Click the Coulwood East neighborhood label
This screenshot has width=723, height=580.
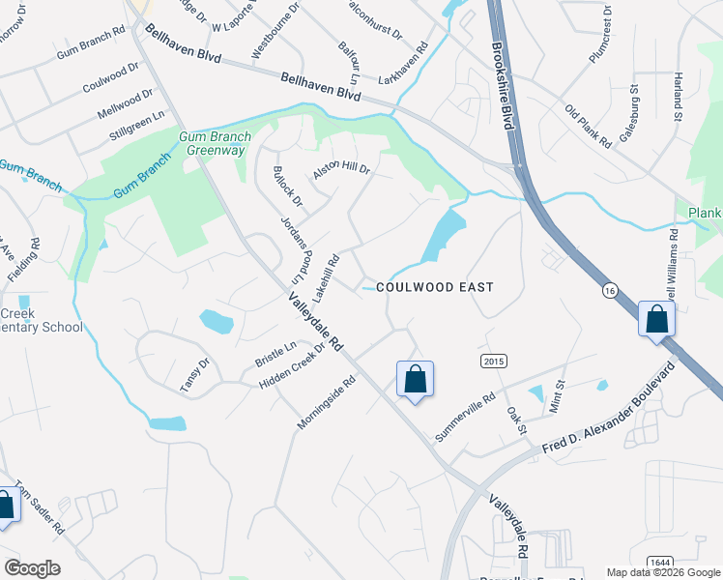click(435, 287)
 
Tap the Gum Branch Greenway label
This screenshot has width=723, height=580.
click(214, 144)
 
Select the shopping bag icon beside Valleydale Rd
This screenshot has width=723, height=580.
click(415, 380)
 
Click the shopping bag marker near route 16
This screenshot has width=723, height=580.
click(656, 320)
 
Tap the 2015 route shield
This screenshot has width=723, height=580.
click(493, 361)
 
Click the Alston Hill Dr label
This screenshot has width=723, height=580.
click(341, 171)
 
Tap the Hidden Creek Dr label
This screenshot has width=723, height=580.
click(293, 371)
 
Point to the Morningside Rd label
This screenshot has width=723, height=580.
click(328, 403)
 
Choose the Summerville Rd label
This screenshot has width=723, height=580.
click(465, 418)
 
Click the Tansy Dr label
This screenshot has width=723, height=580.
click(194, 375)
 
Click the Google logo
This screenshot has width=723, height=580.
click(32, 567)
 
